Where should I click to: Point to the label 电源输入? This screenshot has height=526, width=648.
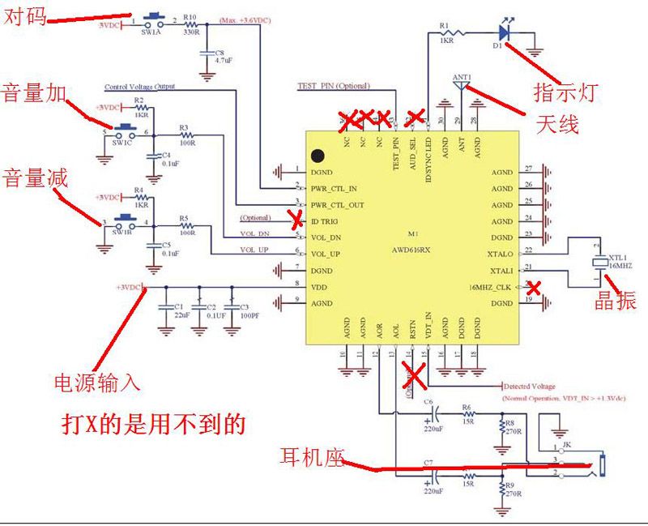coord(98,382)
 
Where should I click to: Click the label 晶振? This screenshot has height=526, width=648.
coord(616,301)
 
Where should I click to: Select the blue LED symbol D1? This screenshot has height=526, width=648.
coord(504,33)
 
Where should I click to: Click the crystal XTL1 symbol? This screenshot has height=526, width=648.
coord(599,262)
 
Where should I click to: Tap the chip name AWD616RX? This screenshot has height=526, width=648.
coord(412,250)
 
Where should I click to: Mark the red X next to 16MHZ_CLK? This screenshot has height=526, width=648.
coord(533,286)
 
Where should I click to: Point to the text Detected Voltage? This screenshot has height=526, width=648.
coord(531,387)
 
